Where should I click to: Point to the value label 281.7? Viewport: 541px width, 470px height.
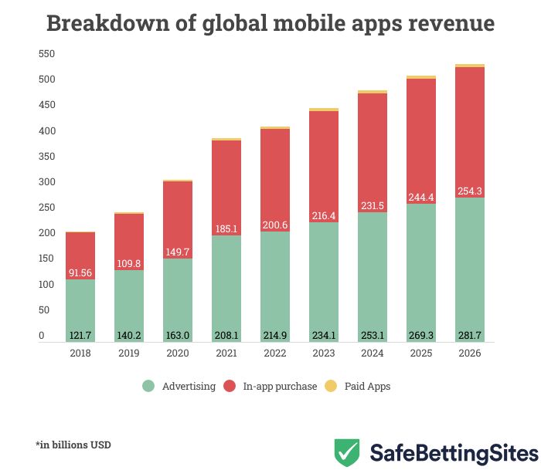470,336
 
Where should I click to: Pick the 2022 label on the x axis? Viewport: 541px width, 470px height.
275,353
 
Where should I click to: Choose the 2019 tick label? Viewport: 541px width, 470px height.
129,353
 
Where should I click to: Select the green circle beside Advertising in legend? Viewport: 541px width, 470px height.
148,386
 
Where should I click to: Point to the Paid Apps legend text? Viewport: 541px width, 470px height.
369,386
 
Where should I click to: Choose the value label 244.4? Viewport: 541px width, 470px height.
421,197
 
